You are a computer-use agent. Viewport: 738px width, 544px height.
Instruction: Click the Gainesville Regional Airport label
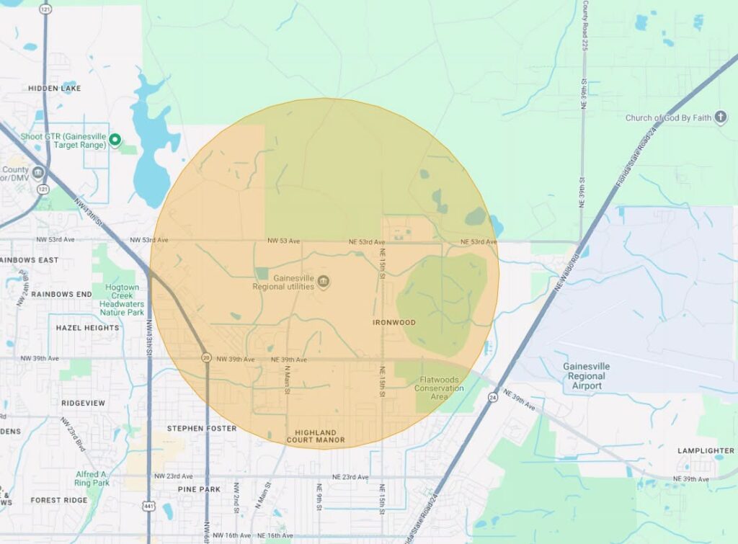click(x=586, y=376)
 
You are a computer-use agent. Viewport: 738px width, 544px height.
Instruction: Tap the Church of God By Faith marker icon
click(x=721, y=117)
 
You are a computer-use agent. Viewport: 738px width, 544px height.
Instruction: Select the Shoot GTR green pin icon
click(x=115, y=140)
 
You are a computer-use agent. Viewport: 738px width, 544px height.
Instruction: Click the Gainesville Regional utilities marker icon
click(x=323, y=281)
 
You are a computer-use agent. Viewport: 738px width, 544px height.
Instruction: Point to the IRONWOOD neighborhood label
click(x=394, y=322)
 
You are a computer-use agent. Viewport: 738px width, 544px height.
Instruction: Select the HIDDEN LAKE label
click(x=55, y=88)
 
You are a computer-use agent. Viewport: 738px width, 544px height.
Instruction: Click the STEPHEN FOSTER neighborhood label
click(x=202, y=428)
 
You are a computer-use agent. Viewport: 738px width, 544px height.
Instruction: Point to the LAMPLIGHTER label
click(x=706, y=450)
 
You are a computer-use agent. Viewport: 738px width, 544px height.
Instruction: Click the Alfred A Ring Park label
click(x=92, y=478)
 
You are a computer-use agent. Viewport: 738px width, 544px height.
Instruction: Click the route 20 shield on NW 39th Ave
click(x=206, y=358)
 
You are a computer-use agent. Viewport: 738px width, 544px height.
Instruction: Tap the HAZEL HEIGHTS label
click(x=87, y=328)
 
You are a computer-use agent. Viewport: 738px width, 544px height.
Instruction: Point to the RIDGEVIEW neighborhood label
click(x=84, y=403)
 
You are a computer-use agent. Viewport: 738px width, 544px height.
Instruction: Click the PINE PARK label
click(x=199, y=489)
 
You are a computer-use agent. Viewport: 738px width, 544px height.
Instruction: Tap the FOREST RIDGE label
click(x=59, y=500)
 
